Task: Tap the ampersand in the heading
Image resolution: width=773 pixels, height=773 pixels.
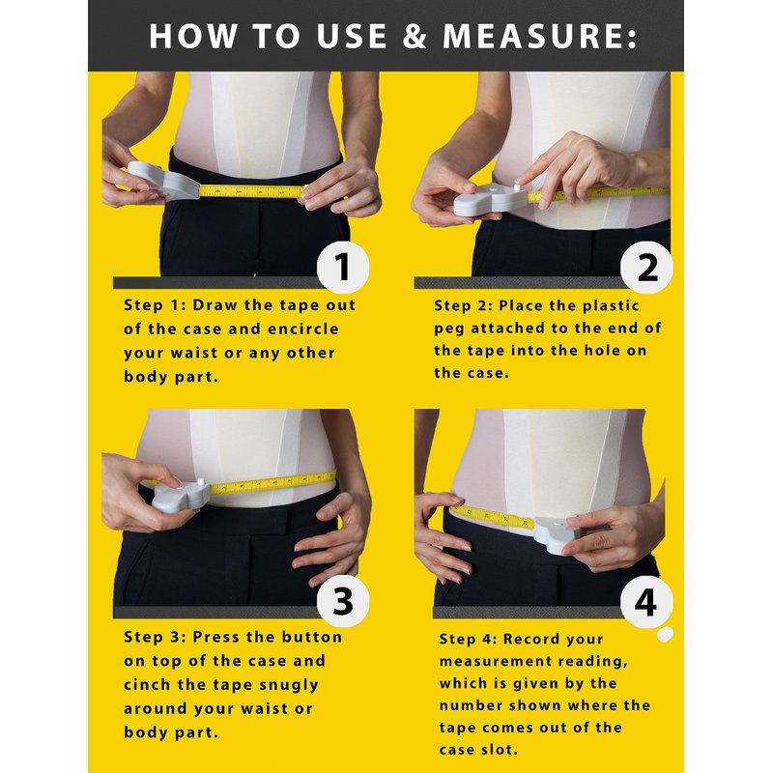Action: pos(415,36)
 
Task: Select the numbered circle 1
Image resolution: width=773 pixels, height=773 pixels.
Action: pos(343,268)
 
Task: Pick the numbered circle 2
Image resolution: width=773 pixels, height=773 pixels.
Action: pos(646,268)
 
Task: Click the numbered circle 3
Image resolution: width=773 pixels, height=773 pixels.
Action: pos(343,601)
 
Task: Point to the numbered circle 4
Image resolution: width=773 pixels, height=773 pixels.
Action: pos(646,602)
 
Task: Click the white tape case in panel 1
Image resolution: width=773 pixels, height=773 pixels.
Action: pos(163,181)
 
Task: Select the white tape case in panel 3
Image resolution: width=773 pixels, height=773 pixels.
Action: pos(182,496)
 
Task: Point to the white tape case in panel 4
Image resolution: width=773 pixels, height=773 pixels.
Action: pos(558,534)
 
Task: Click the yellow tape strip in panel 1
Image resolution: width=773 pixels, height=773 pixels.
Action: pos(252,191)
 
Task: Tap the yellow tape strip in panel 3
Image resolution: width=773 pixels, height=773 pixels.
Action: pos(273,482)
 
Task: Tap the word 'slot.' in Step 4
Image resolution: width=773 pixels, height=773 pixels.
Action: pos(498,750)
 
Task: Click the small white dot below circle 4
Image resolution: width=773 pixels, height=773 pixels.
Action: pos(665,634)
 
